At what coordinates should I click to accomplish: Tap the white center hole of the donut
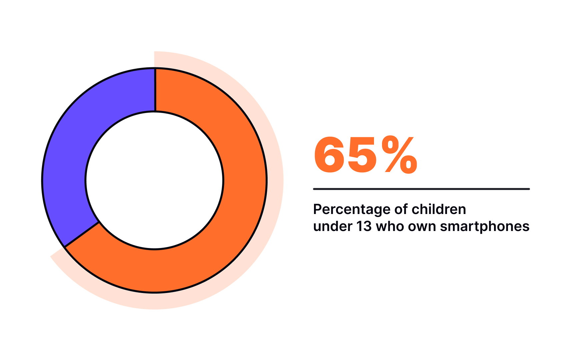point(154,180)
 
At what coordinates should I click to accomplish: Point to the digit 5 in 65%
point(362,156)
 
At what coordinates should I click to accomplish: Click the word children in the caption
point(439,209)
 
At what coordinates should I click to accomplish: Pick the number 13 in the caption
point(364,226)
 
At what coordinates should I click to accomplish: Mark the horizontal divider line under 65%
point(421,189)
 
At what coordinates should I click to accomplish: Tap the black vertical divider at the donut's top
point(155,90)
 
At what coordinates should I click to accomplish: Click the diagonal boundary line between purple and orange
point(82,235)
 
